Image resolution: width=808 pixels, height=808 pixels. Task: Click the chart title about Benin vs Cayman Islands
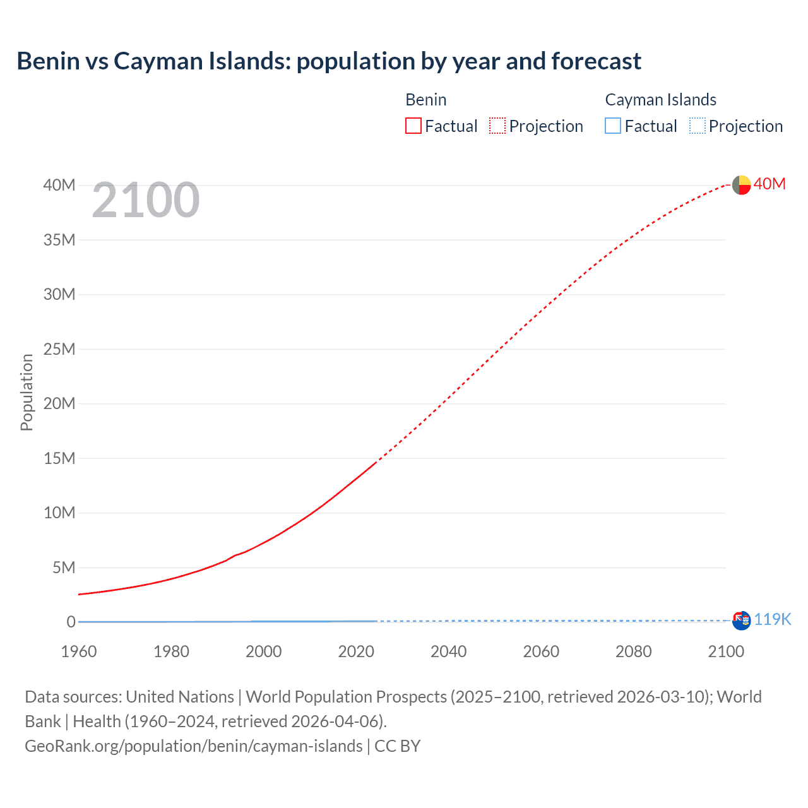pos(328,61)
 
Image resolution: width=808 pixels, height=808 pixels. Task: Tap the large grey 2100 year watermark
pos(146,200)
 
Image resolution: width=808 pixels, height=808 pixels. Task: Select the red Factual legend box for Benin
pos(413,126)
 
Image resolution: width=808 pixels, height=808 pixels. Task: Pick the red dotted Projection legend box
pos(497,126)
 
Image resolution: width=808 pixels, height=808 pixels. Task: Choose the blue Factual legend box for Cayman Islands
pos(613,126)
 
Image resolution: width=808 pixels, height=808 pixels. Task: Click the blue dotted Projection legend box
pos(698,126)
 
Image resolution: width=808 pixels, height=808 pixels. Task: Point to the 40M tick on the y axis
pos(59,185)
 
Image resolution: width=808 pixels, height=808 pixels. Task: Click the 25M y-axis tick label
pos(59,349)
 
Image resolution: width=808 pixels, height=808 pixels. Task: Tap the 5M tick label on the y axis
pos(63,567)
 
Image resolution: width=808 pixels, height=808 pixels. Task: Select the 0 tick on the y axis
pos(71,622)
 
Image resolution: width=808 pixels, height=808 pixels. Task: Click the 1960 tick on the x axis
pos(79,651)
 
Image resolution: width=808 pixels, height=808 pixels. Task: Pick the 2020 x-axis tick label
pos(356,651)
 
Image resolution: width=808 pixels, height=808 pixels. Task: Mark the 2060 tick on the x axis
pos(541,651)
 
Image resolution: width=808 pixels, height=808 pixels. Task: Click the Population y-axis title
pos(27,392)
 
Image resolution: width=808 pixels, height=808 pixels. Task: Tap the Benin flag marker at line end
pos(741,185)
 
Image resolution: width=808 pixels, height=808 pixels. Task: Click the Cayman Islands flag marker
pos(741,621)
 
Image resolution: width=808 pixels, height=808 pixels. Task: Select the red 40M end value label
pos(769,184)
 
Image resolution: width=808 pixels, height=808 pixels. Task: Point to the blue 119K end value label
pos(772,619)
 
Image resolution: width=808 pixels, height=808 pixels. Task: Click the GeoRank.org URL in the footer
pos(193,746)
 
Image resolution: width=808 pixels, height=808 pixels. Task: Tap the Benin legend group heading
pos(426,100)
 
